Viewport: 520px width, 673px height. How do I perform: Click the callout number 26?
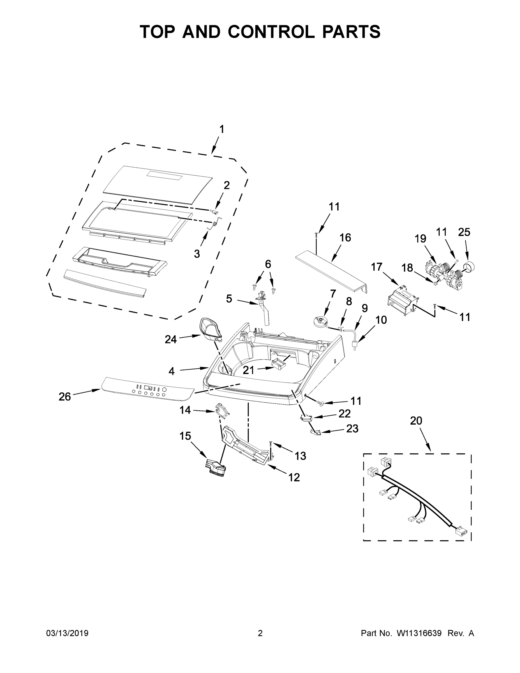(x=65, y=397)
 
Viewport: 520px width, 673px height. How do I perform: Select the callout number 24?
(x=171, y=339)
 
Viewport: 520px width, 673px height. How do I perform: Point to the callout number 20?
(x=416, y=421)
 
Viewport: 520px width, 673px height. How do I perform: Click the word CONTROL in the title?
(x=271, y=32)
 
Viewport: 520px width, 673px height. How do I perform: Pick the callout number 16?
(x=345, y=238)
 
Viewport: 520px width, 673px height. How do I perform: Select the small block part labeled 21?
(x=278, y=365)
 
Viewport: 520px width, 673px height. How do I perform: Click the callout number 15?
(x=186, y=436)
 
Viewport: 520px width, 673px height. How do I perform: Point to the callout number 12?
(x=294, y=477)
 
